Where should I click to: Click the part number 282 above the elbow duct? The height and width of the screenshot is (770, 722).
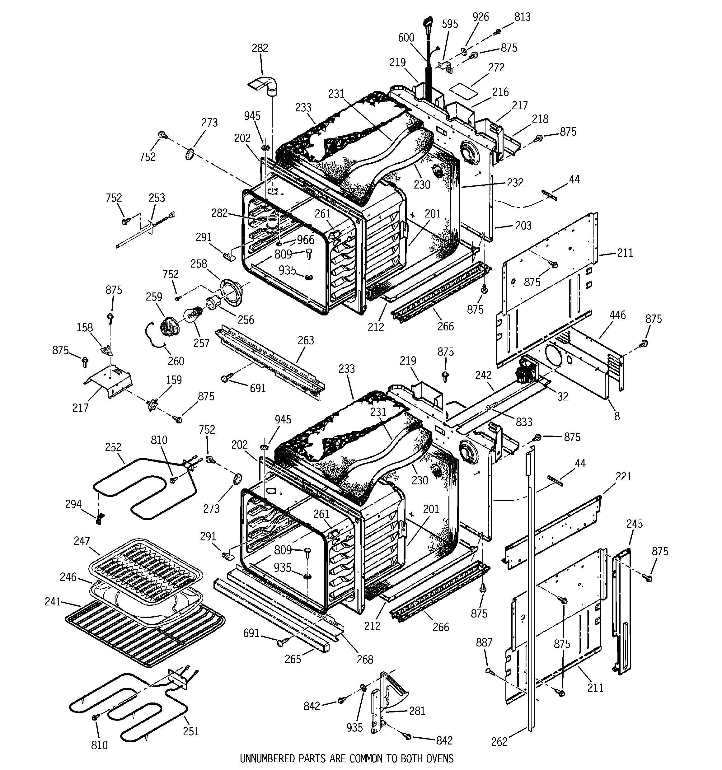click(x=260, y=48)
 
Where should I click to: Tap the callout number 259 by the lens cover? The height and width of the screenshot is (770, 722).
click(x=154, y=297)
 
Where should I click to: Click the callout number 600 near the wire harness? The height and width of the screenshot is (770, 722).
click(x=406, y=38)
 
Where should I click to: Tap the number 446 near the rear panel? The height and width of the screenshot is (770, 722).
click(x=617, y=315)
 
